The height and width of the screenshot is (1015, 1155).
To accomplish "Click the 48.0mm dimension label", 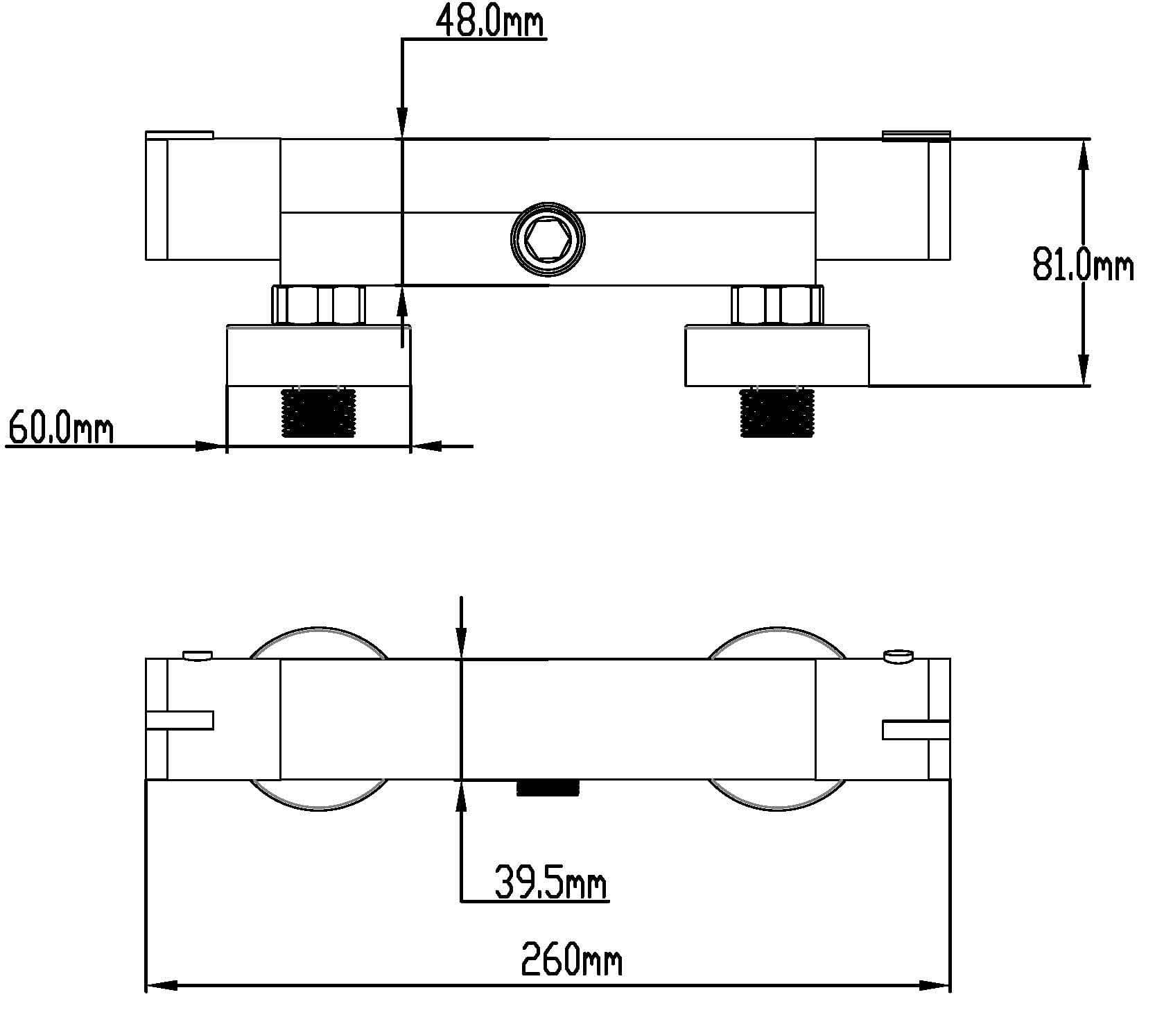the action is point(490,22).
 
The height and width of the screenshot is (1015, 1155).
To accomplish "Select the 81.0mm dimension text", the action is point(1083,265).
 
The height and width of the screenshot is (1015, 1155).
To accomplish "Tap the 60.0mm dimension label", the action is point(60,428).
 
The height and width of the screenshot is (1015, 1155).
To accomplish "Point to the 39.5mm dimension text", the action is point(551,883).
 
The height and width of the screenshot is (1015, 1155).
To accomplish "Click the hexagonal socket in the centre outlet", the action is point(548,240).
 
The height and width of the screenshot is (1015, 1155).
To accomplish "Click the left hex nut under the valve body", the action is point(318,305).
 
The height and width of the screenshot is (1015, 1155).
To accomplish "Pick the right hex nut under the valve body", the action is point(777,305).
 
